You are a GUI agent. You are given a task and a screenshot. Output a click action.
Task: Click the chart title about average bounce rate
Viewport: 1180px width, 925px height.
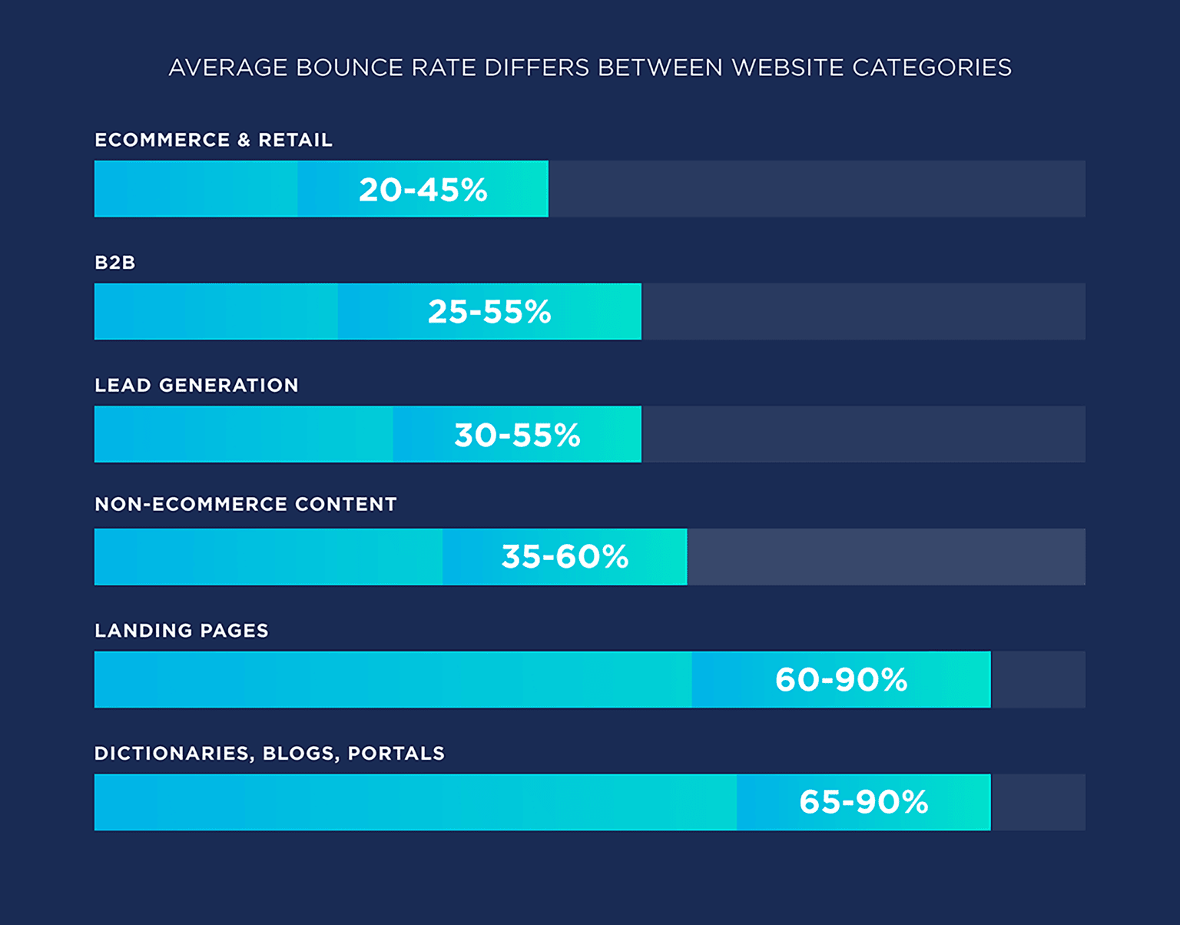coord(589,68)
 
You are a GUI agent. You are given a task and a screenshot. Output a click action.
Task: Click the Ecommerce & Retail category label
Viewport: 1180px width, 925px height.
coord(214,140)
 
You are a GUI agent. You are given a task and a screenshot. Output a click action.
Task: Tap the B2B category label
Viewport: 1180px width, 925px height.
coord(115,263)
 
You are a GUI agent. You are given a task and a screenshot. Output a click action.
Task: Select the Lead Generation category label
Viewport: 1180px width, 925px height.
coord(197,385)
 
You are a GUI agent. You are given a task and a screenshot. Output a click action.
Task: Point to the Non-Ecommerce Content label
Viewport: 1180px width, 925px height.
coord(246,505)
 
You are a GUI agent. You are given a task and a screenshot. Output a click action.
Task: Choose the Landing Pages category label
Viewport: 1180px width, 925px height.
coord(182,631)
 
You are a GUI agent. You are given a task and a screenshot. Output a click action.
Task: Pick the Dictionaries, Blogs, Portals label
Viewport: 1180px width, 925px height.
coord(270,753)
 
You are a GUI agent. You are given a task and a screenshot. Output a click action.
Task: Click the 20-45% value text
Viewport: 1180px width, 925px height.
coord(423,190)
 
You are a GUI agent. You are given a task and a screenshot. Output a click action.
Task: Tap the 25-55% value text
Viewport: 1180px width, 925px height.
coord(489,312)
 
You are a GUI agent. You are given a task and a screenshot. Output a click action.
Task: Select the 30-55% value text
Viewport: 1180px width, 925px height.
coord(517,435)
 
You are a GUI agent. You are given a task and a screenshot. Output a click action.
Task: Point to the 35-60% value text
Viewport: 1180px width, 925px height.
coord(565,557)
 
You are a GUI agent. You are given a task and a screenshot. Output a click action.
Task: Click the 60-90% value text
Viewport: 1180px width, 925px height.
coord(841,680)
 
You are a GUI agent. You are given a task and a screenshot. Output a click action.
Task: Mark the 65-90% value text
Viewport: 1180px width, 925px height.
coord(863,802)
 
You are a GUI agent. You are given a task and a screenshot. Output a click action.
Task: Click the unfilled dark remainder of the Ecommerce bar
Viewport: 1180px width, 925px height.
coord(817,189)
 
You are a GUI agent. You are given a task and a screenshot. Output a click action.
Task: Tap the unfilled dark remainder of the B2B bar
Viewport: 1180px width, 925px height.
coord(863,311)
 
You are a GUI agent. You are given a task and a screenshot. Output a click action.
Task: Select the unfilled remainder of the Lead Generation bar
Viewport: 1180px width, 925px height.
coord(863,434)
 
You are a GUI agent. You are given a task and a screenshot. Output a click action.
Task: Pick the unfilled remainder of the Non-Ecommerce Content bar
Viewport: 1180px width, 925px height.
coord(886,557)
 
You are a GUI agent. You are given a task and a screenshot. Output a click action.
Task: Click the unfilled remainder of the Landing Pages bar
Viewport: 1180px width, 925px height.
coord(1038,680)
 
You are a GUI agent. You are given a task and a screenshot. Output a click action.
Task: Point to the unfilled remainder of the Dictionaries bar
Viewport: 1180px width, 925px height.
coord(1038,802)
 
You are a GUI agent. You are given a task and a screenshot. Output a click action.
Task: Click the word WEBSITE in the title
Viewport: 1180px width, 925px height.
coord(787,68)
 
